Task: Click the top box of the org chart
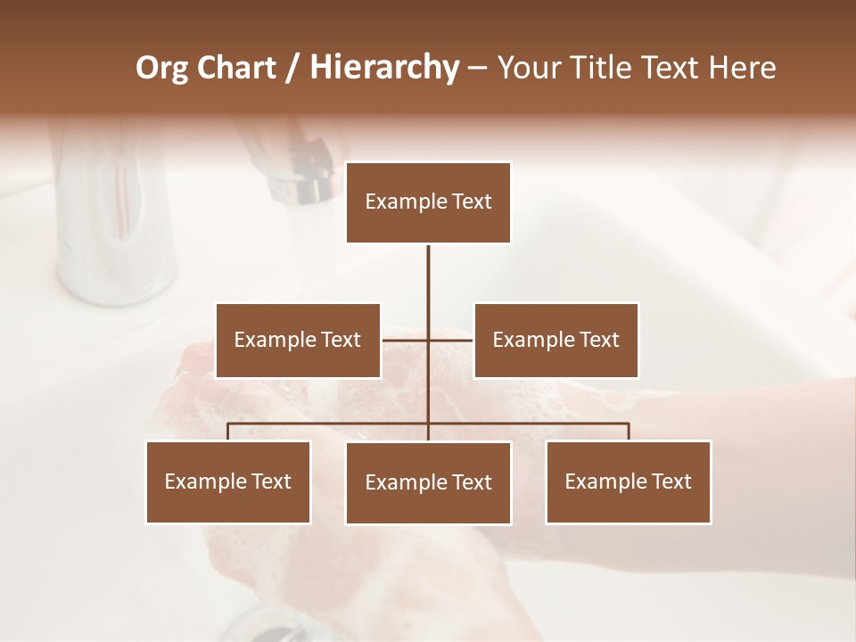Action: (x=428, y=202)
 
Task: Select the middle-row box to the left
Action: (x=298, y=341)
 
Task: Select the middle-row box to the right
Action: (x=556, y=341)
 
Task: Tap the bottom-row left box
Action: (x=228, y=482)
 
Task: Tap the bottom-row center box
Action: (x=428, y=483)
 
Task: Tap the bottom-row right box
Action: (x=629, y=482)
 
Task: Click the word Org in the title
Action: (x=161, y=68)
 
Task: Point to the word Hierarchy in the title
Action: (x=384, y=68)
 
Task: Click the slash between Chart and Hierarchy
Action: (x=292, y=68)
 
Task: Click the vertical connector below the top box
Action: (x=428, y=276)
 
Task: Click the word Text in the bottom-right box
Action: (x=671, y=482)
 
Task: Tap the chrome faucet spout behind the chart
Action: (x=299, y=169)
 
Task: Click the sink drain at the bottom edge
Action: (x=267, y=624)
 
